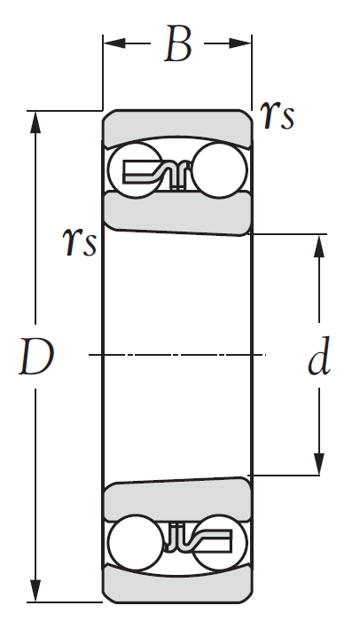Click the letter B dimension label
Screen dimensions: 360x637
click(177, 43)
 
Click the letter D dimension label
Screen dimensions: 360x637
click(36, 357)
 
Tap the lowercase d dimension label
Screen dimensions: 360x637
click(319, 356)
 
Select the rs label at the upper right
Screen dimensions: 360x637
click(278, 115)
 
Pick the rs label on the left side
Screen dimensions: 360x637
click(80, 241)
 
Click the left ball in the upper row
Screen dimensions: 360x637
click(135, 170)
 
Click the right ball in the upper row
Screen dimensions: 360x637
click(219, 170)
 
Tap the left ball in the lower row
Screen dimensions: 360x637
click(136, 542)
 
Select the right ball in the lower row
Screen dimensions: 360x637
click(219, 542)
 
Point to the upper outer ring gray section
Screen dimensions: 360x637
click(177, 127)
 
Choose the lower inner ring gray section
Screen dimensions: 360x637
click(177, 500)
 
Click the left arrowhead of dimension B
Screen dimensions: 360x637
click(114, 43)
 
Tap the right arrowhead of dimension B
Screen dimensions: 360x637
click(240, 43)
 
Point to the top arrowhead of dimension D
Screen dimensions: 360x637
click(35, 122)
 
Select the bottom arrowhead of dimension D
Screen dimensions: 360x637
click(35, 591)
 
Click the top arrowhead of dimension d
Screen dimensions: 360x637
click(319, 246)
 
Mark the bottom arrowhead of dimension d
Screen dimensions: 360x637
click(319, 463)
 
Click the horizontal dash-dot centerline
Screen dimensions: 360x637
click(177, 355)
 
